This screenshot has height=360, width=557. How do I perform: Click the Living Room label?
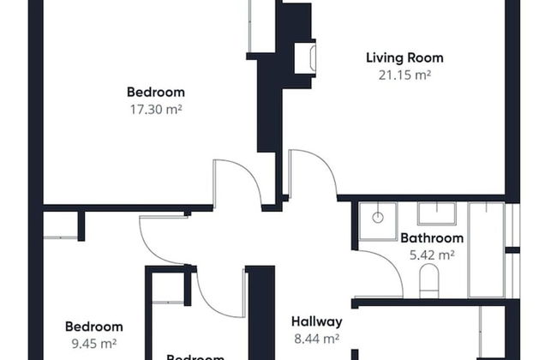coord(404,58)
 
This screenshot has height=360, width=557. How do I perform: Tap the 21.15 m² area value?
coord(404,75)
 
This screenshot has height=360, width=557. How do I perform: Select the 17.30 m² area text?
coord(156,109)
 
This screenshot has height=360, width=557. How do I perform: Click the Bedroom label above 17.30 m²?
coord(156,93)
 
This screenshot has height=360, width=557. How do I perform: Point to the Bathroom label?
coord(432,238)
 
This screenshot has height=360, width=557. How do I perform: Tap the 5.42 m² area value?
coord(432,255)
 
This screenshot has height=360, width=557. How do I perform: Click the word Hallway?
coord(316,322)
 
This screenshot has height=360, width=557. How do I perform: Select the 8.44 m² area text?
coord(316,339)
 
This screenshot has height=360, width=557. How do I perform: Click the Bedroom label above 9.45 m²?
coord(94,327)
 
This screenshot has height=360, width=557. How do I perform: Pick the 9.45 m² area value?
coord(94,343)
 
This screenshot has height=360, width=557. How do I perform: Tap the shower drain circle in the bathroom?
coord(378,218)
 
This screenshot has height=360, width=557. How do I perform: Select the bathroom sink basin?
coord(437,213)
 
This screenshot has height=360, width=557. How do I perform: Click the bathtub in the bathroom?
coord(486,249)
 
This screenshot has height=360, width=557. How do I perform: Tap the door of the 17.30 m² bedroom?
coord(236,180)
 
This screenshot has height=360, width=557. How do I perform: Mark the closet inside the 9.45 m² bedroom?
coord(60,225)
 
